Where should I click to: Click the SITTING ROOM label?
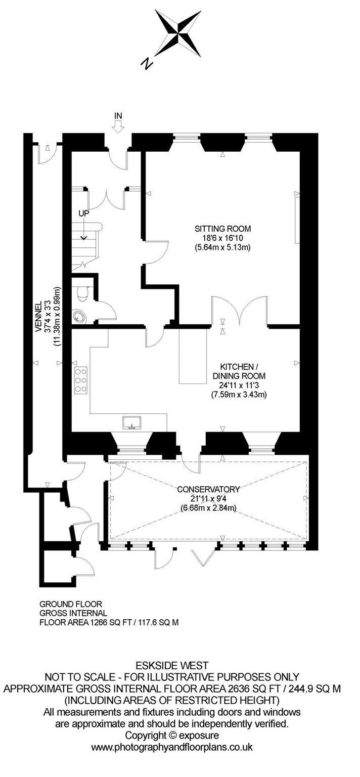coord(222,229)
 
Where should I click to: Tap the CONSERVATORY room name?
coord(208,490)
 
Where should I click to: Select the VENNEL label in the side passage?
coord(39,317)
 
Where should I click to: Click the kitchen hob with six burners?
coord(80,380)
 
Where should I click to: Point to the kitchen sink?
coord(132,423)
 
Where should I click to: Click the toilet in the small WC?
coord(82,294)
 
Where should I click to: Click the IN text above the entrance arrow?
coord(118,116)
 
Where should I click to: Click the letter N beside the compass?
coord(147,63)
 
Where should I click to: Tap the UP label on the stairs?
coord(83,213)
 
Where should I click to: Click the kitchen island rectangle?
coord(193,356)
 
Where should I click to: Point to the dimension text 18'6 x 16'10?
coord(222,238)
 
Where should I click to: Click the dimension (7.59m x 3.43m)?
coord(239,395)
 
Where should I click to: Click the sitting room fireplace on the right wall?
coord(297,220)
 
